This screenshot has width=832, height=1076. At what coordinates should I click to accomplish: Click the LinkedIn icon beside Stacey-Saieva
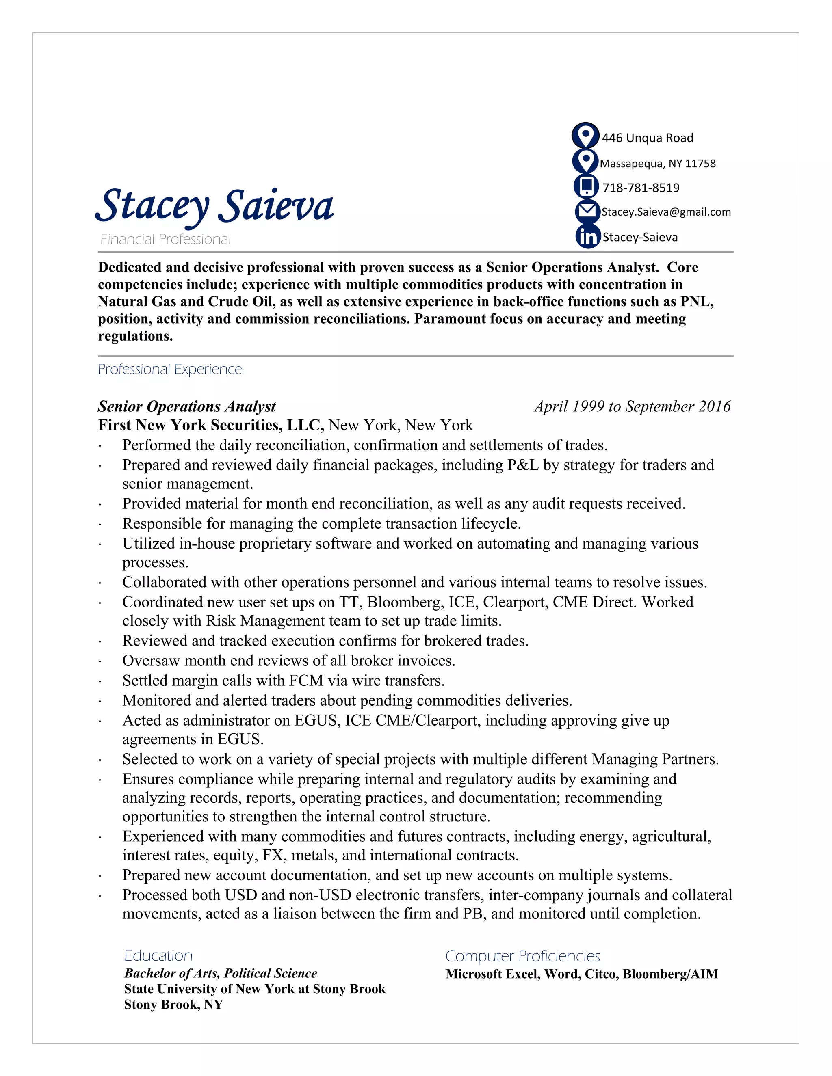coord(587,237)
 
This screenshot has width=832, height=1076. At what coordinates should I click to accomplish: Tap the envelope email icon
coord(587,212)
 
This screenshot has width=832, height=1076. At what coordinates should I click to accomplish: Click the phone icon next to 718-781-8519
coord(587,186)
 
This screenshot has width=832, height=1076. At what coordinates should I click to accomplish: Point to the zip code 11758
coord(700,164)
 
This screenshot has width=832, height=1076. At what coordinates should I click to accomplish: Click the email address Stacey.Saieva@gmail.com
coord(666,212)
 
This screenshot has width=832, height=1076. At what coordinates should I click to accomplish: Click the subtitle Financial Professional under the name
coord(166,240)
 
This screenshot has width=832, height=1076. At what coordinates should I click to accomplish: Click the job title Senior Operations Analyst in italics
coord(186,406)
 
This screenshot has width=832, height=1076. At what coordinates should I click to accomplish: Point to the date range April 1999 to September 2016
coord(632,406)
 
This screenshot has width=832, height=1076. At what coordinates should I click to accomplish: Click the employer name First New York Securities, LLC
coord(211,425)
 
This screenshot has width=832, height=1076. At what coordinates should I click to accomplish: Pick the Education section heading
coord(158,955)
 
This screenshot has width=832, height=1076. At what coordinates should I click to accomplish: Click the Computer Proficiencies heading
coord(522,956)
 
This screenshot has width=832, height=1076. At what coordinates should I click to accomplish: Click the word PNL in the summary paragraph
coord(696,302)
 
